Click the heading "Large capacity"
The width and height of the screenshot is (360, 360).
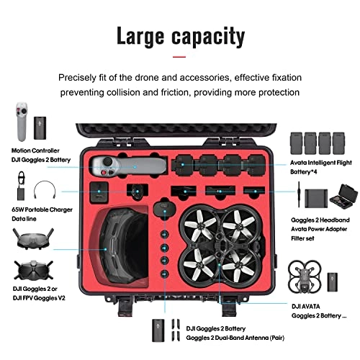(180, 35)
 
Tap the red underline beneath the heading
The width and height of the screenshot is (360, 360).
(180, 56)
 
